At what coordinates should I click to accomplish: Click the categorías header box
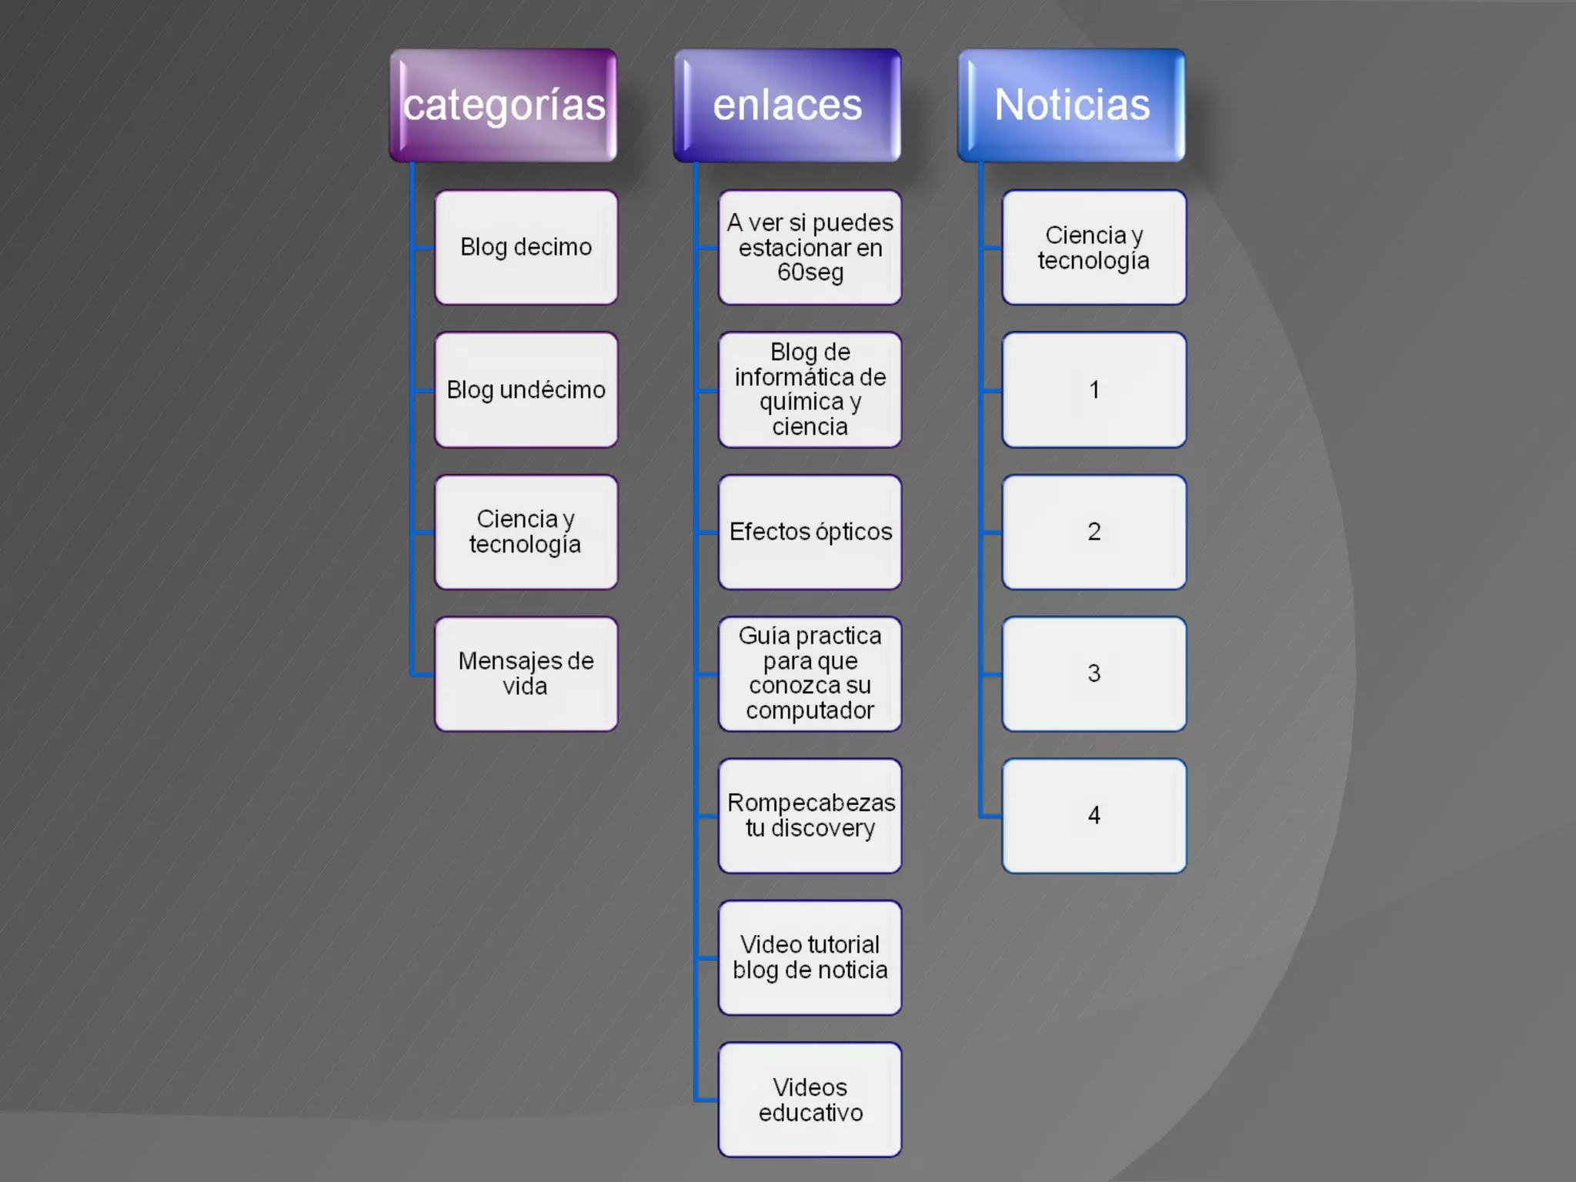pos(503,105)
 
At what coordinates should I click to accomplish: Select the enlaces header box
pos(787,105)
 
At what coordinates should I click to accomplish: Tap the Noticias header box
pos(1071,105)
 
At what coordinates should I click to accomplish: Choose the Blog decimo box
pos(526,248)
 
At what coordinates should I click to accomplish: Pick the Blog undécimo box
pos(526,390)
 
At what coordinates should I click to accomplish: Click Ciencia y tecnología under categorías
pos(526,532)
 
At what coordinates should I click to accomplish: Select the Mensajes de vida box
pos(526,674)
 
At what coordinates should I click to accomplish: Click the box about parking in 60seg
pos(810,248)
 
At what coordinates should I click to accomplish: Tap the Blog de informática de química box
pos(810,390)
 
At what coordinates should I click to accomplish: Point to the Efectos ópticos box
pos(810,532)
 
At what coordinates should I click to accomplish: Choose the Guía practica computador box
pos(810,674)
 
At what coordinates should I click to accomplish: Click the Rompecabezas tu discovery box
pos(810,816)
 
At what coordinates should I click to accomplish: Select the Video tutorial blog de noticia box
pos(810,958)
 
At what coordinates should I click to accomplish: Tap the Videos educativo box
pos(810,1100)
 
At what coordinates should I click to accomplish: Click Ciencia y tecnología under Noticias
pos(1094,248)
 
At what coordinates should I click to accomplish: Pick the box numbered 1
pos(1094,390)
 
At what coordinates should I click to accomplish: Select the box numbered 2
pos(1094,532)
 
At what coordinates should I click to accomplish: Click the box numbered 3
pos(1094,674)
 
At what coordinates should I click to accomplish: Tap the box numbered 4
pos(1094,816)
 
